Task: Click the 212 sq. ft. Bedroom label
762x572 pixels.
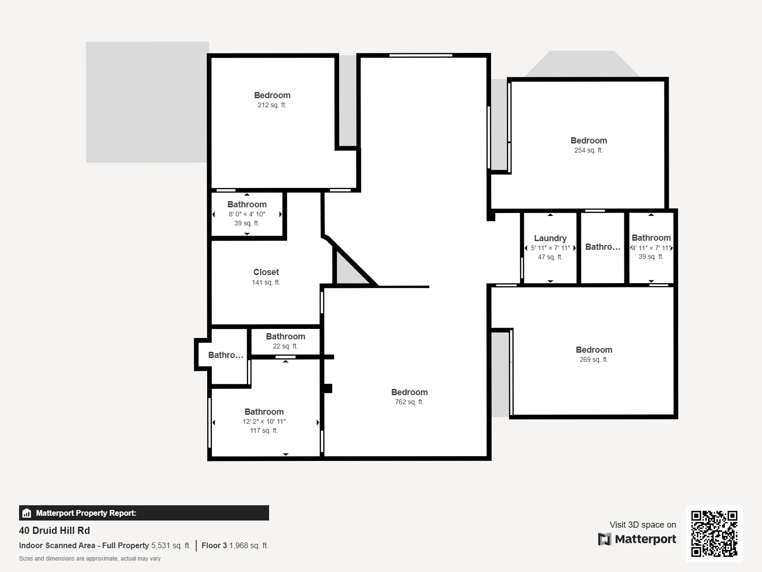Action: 272,95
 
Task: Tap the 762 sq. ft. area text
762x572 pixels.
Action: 409,402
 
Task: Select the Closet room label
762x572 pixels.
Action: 266,272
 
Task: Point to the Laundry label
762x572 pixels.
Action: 550,238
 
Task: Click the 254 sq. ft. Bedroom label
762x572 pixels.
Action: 589,141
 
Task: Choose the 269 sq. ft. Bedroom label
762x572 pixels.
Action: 594,350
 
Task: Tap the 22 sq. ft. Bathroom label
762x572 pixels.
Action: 285,337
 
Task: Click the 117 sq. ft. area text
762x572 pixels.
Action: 264,430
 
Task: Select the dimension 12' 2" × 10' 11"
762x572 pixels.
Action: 264,421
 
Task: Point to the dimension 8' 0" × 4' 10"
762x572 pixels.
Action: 247,214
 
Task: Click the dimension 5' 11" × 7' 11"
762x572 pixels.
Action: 550,248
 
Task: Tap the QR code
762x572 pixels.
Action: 714,534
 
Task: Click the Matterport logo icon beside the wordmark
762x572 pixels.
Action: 604,539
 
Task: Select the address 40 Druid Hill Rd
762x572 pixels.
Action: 54,531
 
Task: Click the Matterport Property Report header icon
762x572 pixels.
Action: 27,513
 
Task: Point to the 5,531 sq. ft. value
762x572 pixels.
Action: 170,545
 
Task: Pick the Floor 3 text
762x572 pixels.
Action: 214,545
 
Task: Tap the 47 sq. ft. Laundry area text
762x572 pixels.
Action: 550,257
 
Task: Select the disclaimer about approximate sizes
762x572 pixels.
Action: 90,559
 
